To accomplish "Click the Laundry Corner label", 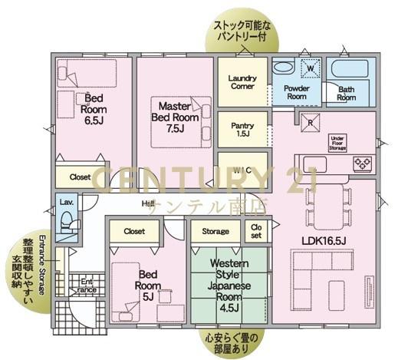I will (242, 82).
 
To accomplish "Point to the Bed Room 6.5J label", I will (94, 110).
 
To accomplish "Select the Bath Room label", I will (347, 94).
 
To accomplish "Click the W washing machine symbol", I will (311, 68).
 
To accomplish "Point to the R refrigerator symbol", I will (311, 123).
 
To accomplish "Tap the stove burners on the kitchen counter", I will (360, 163).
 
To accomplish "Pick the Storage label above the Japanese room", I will (215, 230).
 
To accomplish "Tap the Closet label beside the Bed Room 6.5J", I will (81, 177).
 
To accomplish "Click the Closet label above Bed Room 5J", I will (134, 230).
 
